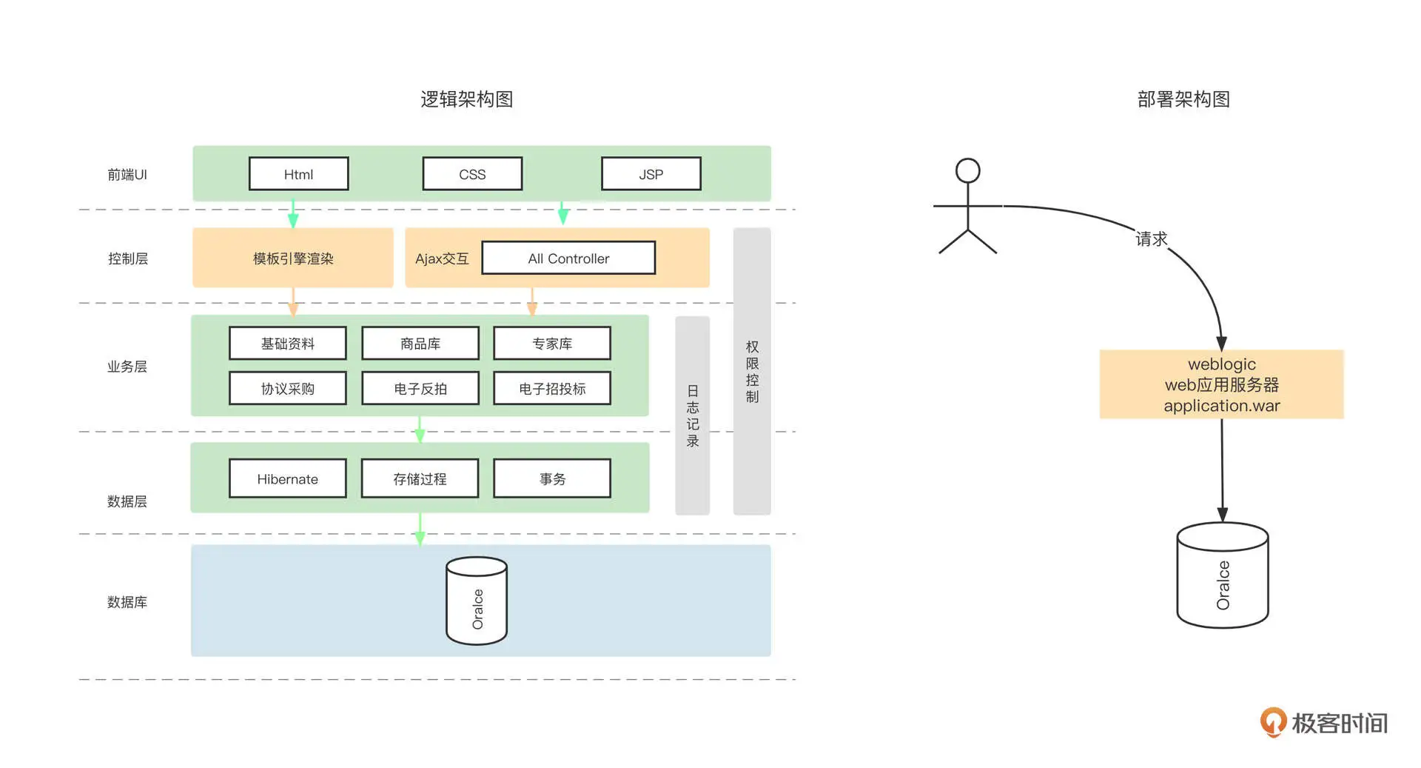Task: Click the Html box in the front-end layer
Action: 298,174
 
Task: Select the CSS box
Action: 472,174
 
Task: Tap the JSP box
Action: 651,174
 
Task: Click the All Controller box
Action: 568,258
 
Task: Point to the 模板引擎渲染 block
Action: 293,258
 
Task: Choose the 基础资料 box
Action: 287,344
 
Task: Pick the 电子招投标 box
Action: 552,389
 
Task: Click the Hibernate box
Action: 287,479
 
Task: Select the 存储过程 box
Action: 420,479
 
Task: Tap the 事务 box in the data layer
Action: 552,479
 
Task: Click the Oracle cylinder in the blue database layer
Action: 477,601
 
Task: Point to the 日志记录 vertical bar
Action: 693,415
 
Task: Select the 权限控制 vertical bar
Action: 752,371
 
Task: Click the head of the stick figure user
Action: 967,171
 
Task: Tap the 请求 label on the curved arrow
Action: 1151,238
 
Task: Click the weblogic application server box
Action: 1221,384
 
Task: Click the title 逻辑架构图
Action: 467,99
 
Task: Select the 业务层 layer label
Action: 127,367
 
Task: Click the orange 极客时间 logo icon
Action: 1273,722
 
